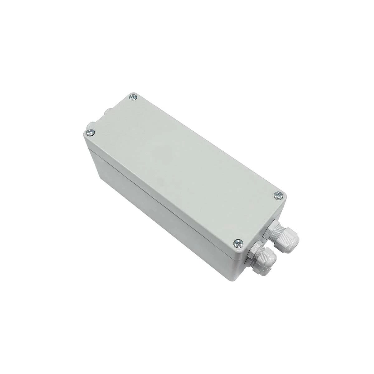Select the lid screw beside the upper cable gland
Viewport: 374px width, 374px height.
pos(278,195)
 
